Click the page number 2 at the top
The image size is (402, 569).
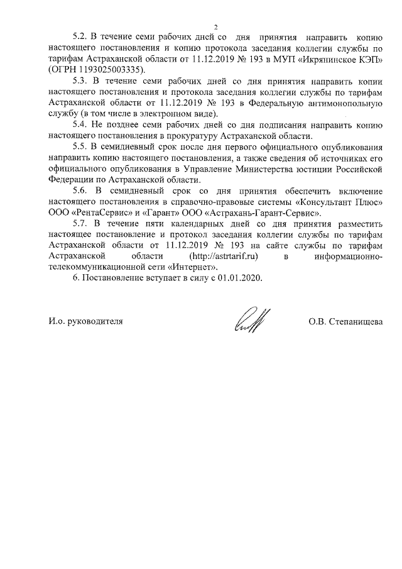(215, 28)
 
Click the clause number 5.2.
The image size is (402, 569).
(82, 38)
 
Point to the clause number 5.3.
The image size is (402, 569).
(82, 82)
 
